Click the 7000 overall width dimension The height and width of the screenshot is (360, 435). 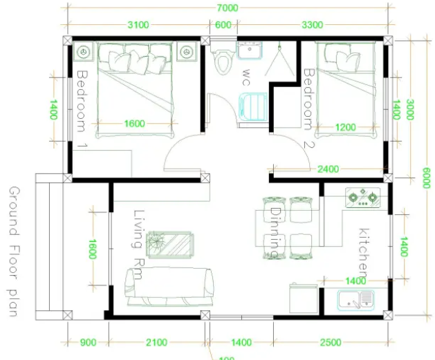(x=228, y=8)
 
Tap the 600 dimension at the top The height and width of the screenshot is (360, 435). (x=223, y=25)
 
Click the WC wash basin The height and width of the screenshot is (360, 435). (x=250, y=50)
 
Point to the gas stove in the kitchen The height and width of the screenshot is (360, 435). (x=362, y=198)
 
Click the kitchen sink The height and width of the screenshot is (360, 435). (x=356, y=300)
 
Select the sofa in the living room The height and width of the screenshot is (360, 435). (x=170, y=287)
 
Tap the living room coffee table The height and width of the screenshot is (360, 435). (x=170, y=245)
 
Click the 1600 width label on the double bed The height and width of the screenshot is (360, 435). (x=135, y=123)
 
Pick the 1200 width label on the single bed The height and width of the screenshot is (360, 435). (x=345, y=127)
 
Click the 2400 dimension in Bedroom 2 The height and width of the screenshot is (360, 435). (x=328, y=169)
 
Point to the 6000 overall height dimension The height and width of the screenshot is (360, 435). (x=427, y=178)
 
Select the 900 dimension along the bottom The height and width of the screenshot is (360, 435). (x=89, y=342)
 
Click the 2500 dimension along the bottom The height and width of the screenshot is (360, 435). (x=331, y=342)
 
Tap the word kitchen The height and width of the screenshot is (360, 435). (x=364, y=253)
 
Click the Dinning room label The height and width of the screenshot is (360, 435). (x=275, y=232)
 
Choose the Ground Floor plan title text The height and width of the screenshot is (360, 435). (x=14, y=252)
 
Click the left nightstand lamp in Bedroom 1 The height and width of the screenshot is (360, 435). (x=84, y=52)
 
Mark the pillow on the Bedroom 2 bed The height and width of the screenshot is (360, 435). (x=349, y=60)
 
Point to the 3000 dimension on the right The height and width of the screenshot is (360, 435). (x=410, y=109)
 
